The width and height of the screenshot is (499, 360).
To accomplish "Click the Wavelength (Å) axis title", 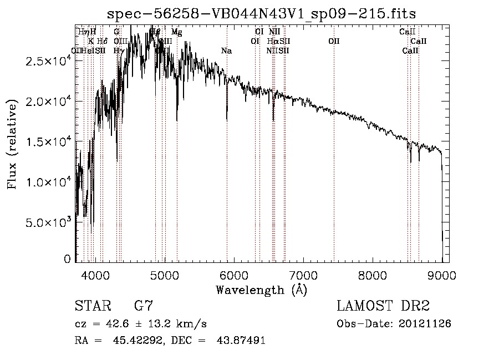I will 262,290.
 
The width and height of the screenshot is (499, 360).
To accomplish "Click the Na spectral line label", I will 226,51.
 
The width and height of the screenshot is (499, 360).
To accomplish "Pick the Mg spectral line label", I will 176,32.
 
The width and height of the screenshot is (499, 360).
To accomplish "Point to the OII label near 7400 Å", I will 334,41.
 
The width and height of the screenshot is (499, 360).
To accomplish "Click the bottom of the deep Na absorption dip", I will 227,119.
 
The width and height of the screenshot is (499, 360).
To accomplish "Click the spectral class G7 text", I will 143,306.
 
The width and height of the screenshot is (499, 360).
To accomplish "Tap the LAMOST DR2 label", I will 383,306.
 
